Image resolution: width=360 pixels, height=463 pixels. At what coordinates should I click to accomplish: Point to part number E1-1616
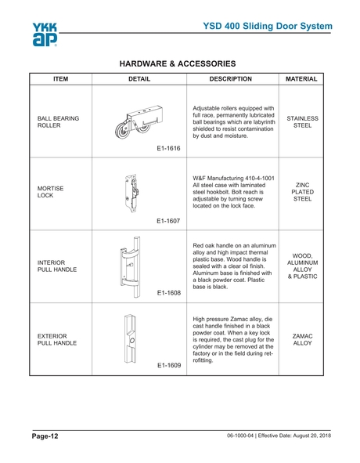167,147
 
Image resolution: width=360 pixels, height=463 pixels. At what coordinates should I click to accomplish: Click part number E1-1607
167,221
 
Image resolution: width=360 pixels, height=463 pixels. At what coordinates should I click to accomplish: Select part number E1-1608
167,293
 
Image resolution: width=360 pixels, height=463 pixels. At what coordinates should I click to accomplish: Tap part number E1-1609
167,365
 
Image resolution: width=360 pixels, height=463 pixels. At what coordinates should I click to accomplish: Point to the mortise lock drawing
132,193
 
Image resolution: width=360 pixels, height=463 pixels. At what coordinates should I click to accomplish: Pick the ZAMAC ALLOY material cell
302,339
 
